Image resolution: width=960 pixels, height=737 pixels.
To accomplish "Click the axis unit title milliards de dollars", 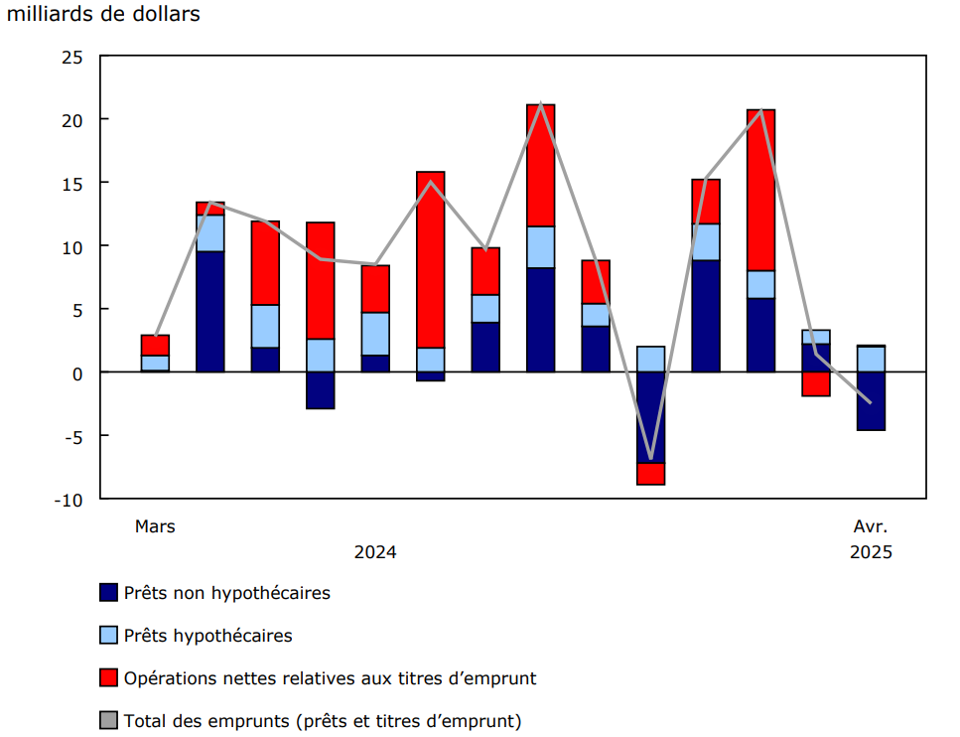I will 103,14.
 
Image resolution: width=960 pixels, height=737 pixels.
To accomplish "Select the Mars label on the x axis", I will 155,526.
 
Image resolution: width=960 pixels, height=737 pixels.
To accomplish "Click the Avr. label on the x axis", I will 871,526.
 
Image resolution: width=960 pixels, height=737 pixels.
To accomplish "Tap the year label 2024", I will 375,552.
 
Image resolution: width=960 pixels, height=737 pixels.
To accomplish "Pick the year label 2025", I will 871,552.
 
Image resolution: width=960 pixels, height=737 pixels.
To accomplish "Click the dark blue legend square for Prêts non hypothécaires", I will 109,593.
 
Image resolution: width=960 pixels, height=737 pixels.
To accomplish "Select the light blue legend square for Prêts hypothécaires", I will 109,636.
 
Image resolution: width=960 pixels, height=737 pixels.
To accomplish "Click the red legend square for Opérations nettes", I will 109,678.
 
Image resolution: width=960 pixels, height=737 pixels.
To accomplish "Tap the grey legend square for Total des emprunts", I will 109,721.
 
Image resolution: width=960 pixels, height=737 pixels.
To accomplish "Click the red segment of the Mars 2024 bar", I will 155,345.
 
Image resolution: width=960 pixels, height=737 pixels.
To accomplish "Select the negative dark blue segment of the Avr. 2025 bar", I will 871,401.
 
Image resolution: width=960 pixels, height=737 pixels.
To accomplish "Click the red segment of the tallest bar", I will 540,165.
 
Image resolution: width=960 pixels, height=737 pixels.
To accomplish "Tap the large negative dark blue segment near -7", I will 651,417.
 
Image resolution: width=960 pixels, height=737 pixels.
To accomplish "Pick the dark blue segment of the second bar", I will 210,311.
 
